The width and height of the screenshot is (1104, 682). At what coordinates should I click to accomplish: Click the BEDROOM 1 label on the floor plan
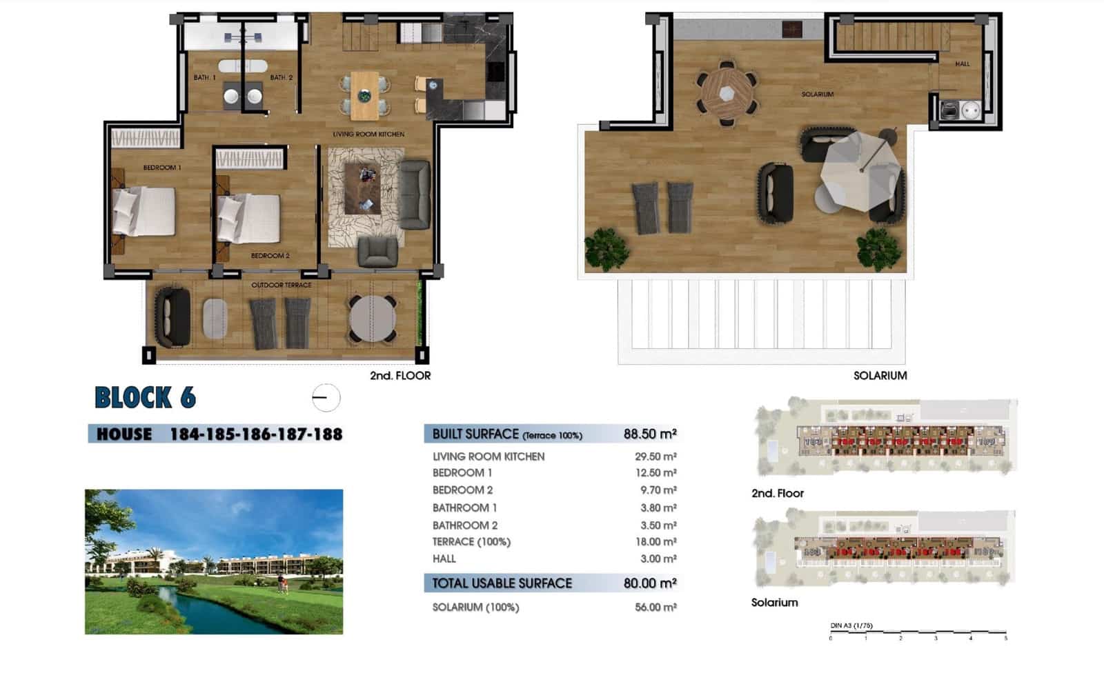[x=161, y=168]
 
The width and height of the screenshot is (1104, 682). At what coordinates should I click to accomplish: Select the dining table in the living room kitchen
[x=364, y=95]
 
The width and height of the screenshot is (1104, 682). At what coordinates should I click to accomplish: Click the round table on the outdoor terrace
[x=373, y=319]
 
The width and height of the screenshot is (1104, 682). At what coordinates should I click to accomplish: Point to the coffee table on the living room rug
[x=362, y=188]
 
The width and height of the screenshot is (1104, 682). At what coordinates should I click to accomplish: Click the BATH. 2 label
[x=281, y=77]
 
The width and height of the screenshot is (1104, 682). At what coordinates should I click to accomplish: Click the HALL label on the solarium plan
[x=962, y=64]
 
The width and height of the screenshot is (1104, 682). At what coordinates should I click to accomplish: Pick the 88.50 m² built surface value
[x=649, y=434]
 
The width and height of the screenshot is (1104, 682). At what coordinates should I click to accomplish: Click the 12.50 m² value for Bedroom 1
[x=655, y=473]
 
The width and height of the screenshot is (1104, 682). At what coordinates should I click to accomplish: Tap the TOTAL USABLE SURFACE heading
[x=502, y=583]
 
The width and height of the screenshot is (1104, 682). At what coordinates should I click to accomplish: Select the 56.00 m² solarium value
[x=655, y=608]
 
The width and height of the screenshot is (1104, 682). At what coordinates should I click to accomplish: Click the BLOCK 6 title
[x=145, y=398]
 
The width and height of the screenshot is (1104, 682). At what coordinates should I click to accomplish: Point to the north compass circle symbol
[x=326, y=398]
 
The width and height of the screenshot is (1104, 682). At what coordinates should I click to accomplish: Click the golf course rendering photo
[x=214, y=561]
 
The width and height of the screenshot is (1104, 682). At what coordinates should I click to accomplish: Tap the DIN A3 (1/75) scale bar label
[x=851, y=625]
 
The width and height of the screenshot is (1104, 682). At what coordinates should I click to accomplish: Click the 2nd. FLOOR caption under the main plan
[x=400, y=376]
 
